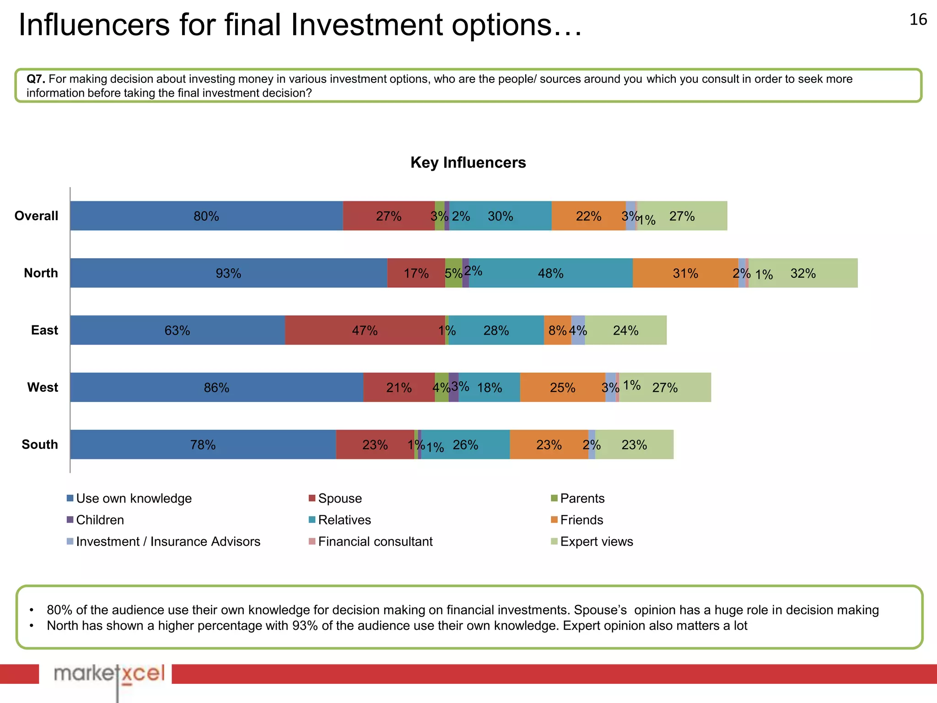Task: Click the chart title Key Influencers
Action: point(468,162)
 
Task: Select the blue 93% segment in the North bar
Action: point(228,273)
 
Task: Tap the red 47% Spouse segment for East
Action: point(365,330)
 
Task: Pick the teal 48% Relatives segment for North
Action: point(550,273)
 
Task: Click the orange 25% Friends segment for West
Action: point(562,388)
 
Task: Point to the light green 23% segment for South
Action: point(634,445)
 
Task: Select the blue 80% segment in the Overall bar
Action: point(206,216)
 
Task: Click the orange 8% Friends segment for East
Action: point(557,330)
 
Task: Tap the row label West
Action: point(43,388)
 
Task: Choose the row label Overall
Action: point(36,216)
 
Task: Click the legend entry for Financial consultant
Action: point(375,542)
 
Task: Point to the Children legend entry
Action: point(100,520)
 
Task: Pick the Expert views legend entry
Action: point(596,542)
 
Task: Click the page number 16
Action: point(918,20)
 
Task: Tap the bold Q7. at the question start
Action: point(36,79)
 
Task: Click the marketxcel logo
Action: point(109,674)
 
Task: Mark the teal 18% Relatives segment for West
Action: point(489,388)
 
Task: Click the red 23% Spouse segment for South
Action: point(375,445)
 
